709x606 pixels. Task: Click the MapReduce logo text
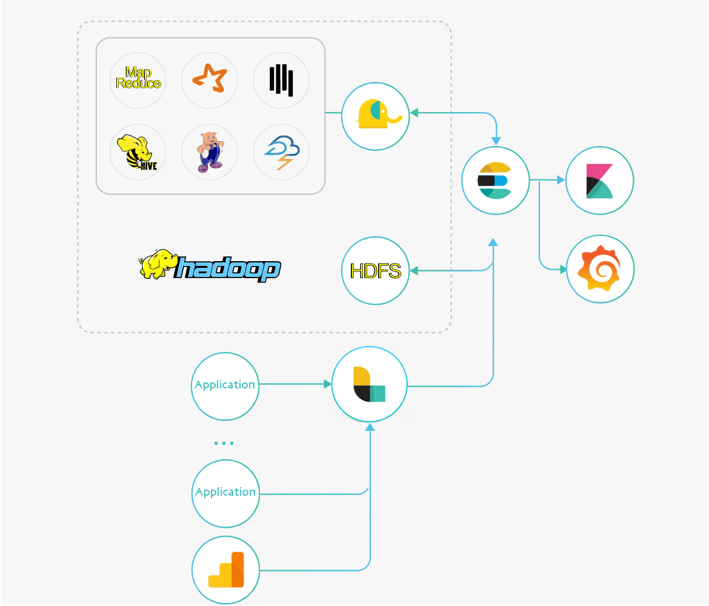click(138, 79)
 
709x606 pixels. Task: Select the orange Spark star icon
click(210, 80)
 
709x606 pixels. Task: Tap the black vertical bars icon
click(281, 80)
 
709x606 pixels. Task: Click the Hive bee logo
click(138, 152)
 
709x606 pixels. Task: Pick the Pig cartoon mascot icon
click(210, 152)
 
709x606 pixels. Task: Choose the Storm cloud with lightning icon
click(281, 152)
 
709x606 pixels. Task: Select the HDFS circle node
click(376, 270)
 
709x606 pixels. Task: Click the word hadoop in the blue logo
click(227, 270)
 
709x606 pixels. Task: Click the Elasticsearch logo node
click(495, 181)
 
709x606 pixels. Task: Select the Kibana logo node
click(600, 181)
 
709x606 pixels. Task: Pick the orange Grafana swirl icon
click(600, 269)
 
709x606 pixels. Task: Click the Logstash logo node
click(369, 384)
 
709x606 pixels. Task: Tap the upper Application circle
click(225, 385)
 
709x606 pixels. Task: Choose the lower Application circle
click(225, 493)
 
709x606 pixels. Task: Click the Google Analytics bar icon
click(225, 570)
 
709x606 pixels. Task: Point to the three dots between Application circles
click(224, 443)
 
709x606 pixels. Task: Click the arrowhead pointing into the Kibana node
click(561, 180)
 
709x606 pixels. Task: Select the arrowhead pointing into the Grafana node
click(562, 269)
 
